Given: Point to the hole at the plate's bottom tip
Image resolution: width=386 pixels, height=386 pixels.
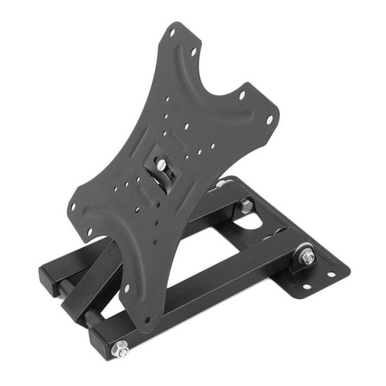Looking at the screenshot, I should click(147, 319).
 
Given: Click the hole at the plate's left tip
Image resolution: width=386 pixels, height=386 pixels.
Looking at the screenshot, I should click(73, 207).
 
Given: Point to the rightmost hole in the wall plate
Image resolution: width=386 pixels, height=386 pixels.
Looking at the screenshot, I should click(331, 275).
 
